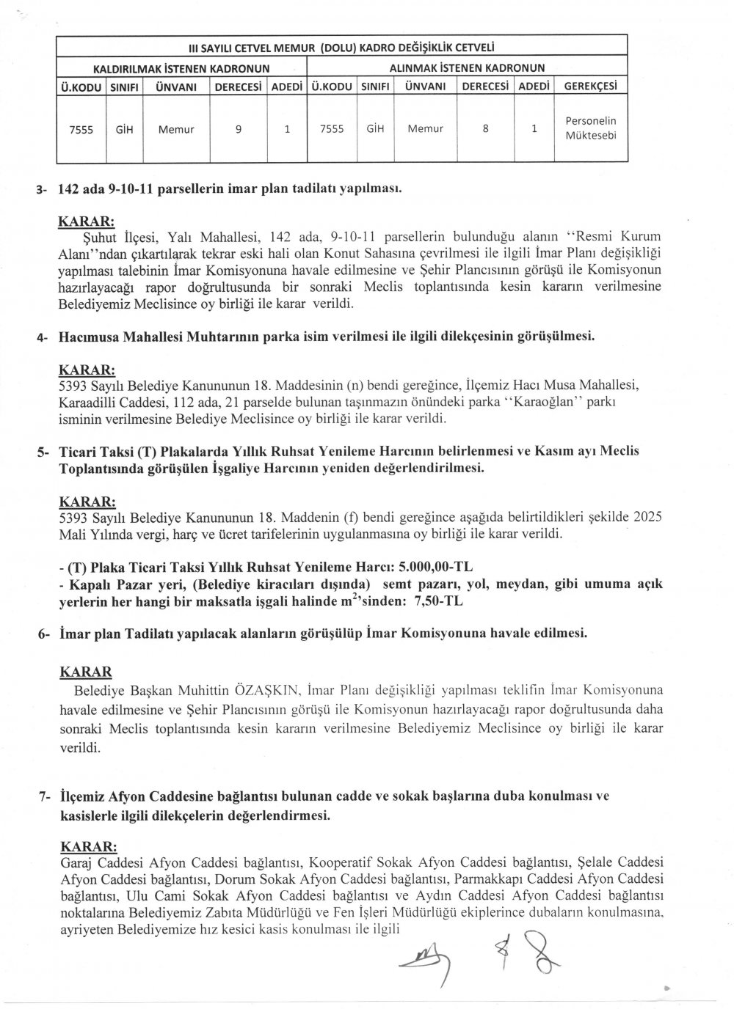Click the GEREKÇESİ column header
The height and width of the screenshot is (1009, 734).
tap(589, 86)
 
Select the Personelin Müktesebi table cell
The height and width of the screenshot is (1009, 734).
tap(590, 128)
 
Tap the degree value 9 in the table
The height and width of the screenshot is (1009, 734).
tap(238, 128)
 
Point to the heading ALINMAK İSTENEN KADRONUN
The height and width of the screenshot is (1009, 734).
tap(466, 68)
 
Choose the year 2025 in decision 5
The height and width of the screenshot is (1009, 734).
tap(647, 517)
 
